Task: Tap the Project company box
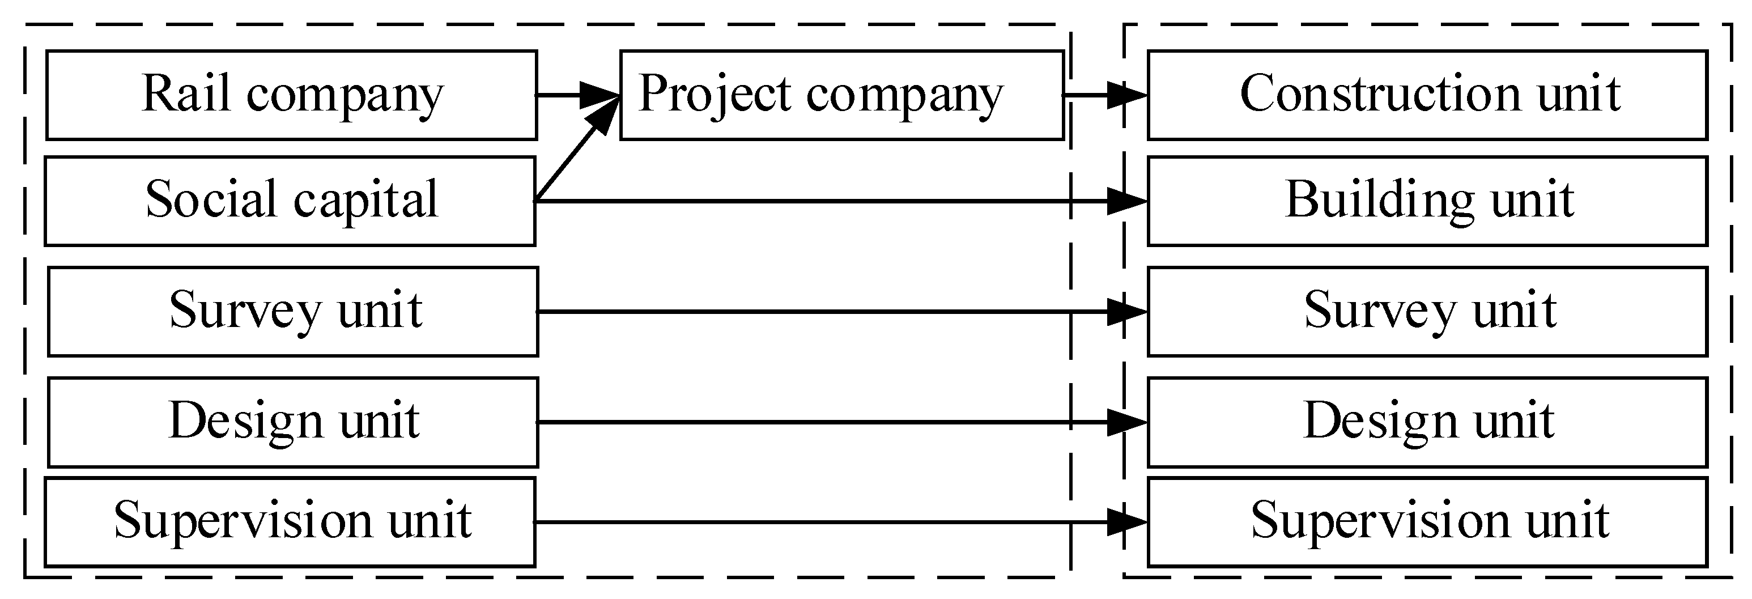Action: (x=841, y=95)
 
